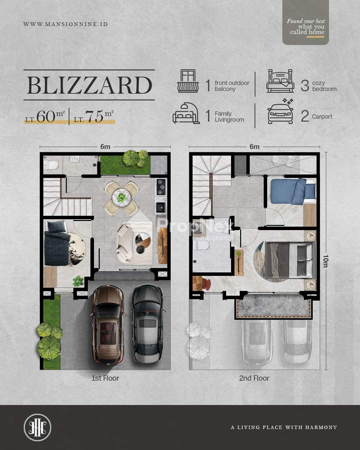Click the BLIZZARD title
pyautogui.click(x=89, y=85)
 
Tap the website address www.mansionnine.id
pyautogui.click(x=66, y=24)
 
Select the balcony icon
pyautogui.click(x=188, y=81)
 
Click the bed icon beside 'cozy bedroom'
pyautogui.click(x=280, y=81)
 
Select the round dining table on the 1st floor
pyautogui.click(x=121, y=198)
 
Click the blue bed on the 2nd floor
pyautogui.click(x=293, y=191)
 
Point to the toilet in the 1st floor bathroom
pyautogui.click(x=51, y=165)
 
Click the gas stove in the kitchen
pyautogui.click(x=161, y=187)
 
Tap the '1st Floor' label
pyautogui.click(x=105, y=378)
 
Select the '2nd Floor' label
pyautogui.click(x=254, y=378)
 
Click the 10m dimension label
pyautogui.click(x=325, y=261)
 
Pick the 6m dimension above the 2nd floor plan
pyautogui.click(x=254, y=147)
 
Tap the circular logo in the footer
pyautogui.click(x=37, y=427)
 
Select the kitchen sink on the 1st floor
pyautogui.click(x=161, y=208)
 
